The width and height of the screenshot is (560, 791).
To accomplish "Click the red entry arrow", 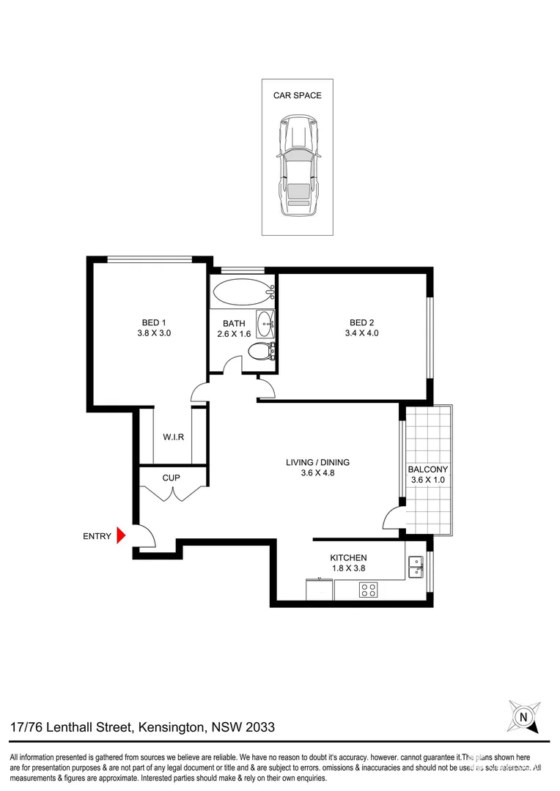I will pos(122,536).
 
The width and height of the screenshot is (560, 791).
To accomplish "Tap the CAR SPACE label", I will pos(297,95).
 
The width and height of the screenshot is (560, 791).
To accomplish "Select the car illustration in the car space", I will pos(297,165).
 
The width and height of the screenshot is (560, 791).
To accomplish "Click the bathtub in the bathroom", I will pos(242,293).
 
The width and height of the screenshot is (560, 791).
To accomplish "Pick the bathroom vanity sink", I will pos(265,323).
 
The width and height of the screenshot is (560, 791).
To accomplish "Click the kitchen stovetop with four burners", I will pos(368,590).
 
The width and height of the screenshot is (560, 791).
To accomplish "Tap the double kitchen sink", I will pos(416,566).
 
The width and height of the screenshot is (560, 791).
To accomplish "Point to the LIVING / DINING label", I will pos(317,462).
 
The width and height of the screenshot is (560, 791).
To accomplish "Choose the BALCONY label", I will pos(427,469).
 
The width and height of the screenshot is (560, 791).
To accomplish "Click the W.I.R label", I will pos(173,437).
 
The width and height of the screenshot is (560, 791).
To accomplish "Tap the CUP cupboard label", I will pos(172,478).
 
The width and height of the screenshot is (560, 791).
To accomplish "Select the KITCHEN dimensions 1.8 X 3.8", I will pos(347,568).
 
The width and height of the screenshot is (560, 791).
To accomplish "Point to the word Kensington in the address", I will pos(172,727).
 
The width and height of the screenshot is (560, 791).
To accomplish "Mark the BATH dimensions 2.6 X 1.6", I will pos(233,334).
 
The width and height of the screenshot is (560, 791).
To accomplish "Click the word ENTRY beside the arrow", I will pos(97,536).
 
